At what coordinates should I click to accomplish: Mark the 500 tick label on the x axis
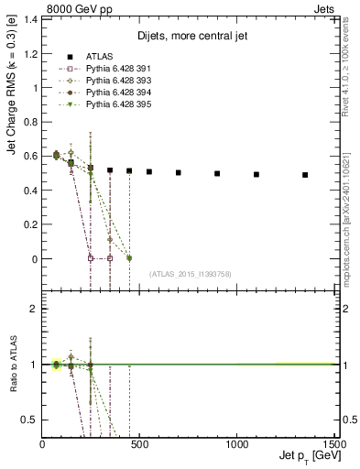(140, 443)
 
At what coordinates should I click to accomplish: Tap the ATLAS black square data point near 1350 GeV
(305, 175)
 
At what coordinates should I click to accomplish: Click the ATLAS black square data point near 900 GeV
(217, 173)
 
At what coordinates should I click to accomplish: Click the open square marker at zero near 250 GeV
(91, 258)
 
